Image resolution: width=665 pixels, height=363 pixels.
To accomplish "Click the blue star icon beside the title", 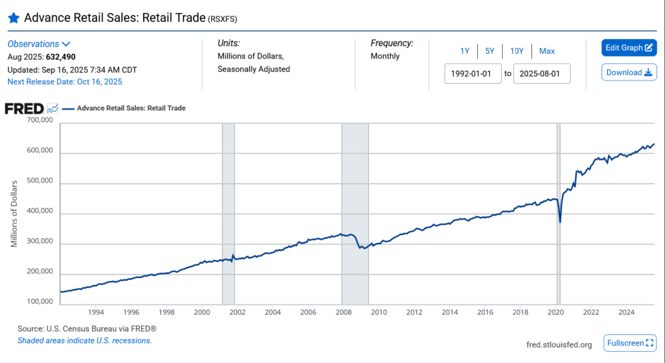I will (x=14, y=18).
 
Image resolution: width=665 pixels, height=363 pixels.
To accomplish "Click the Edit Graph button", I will (x=629, y=48).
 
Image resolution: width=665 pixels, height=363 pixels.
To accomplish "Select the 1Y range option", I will (x=465, y=51).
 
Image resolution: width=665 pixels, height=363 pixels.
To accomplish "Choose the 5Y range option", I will (x=490, y=51).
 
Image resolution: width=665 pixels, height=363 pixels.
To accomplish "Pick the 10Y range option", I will (x=517, y=51).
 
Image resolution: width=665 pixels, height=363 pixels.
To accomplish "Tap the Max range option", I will (x=547, y=51).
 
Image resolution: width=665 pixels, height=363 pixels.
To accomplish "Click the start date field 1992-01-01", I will (x=473, y=73).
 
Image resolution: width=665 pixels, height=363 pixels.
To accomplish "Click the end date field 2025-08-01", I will (x=542, y=73).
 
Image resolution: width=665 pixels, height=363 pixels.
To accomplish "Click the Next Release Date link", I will (x=65, y=82).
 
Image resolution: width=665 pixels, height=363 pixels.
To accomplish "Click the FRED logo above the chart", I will (x=25, y=108).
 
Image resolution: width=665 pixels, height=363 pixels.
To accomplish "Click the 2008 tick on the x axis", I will (x=342, y=312).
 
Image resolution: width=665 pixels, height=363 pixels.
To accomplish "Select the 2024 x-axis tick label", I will (x=627, y=312).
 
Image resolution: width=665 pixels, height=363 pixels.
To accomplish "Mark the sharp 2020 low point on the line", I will (x=560, y=222).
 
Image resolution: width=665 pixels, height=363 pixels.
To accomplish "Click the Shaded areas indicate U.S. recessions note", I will (x=84, y=341).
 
